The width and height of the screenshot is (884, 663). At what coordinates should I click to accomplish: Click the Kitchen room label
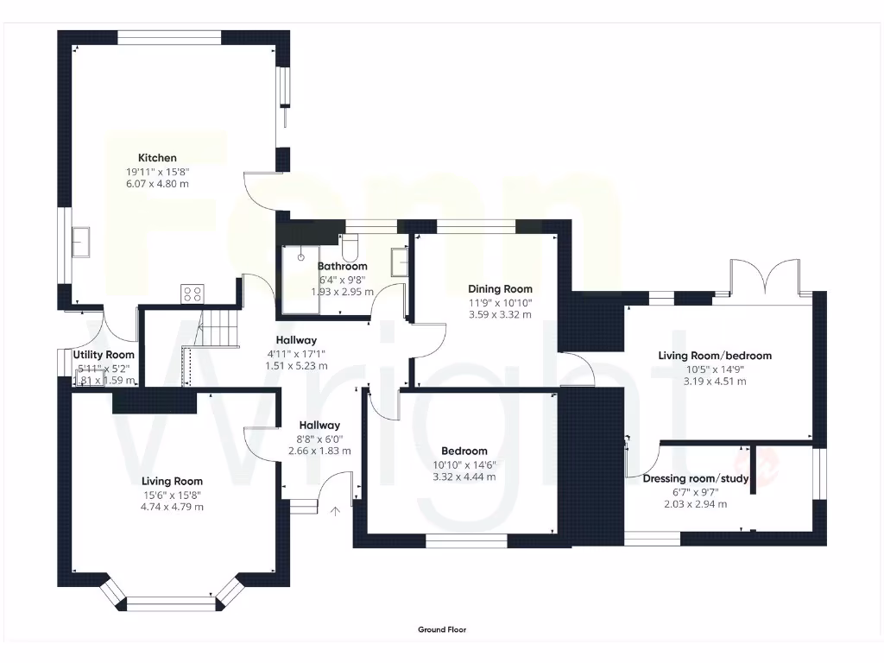point(157,158)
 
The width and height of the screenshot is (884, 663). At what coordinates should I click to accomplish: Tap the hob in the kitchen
point(193,294)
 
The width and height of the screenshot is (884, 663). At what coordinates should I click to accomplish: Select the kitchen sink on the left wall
point(82,242)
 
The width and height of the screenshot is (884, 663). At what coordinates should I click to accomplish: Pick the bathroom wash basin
point(399,261)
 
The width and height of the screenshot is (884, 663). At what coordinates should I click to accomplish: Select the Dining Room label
point(500,289)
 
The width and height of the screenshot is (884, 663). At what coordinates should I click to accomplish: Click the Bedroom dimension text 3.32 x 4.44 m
point(464,477)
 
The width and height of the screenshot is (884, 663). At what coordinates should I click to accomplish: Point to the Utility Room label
point(104,355)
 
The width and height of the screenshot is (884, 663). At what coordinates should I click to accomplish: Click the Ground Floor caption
point(442,630)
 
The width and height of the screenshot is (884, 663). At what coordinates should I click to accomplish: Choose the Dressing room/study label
point(696,478)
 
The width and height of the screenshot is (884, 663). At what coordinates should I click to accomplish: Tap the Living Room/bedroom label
point(715,356)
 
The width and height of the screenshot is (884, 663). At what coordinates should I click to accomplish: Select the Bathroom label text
point(343,267)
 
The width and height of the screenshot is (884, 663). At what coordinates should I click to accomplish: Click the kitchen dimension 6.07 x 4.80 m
point(157,184)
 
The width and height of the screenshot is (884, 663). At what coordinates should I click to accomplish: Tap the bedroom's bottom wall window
point(466,541)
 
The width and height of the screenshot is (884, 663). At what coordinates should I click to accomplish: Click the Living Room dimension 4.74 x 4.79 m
point(173,507)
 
